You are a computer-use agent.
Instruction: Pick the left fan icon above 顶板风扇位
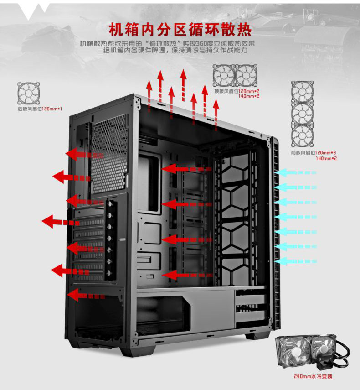tap(224, 75)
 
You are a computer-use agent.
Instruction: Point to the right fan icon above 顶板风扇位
tap(246, 75)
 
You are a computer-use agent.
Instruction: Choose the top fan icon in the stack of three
tap(302, 92)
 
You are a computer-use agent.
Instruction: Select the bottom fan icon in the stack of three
tap(302, 135)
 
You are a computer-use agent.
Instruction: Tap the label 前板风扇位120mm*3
tap(313, 153)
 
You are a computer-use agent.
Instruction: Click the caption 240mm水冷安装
tap(313, 377)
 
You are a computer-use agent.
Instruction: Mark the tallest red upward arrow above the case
tap(183, 84)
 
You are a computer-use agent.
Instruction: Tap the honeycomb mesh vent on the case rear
tap(109, 155)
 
